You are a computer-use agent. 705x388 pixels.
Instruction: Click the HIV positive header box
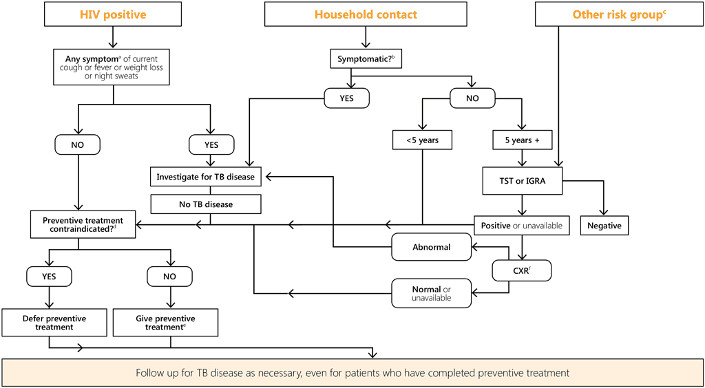point(113,14)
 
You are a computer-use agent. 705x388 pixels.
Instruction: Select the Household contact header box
point(366,14)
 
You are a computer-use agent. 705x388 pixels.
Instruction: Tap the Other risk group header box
point(619,14)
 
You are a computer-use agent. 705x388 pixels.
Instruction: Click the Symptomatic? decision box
point(366,59)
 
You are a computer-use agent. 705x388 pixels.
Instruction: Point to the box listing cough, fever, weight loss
point(113,67)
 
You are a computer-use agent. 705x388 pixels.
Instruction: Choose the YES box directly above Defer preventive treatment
point(50,277)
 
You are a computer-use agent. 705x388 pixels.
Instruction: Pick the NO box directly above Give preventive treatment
point(169,277)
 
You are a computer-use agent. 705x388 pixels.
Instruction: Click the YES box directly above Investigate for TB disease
point(211,144)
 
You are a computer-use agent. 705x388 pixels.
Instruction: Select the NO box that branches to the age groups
point(472,99)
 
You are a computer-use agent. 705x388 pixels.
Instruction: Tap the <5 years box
point(422,140)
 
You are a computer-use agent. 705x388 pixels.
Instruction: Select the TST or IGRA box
point(523,181)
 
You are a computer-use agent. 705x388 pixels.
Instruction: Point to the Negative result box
point(604,226)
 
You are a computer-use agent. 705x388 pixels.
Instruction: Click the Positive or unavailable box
point(522,226)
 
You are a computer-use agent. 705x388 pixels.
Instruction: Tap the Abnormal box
point(432,247)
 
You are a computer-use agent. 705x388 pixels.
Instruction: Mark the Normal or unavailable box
point(432,293)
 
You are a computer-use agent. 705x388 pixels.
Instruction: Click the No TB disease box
point(205,204)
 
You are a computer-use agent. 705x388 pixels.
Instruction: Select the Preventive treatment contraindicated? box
point(82,224)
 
